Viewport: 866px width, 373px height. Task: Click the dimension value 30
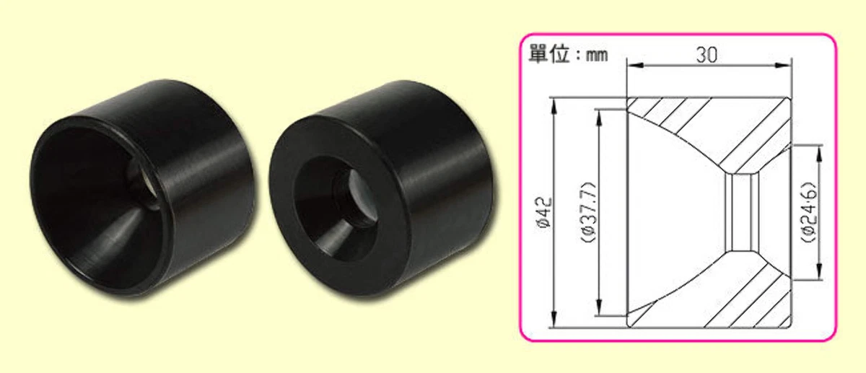coord(707,55)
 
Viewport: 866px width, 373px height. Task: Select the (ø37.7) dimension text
coord(589,212)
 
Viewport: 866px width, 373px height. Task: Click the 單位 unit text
coord(548,54)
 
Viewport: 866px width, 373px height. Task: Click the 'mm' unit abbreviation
coord(597,56)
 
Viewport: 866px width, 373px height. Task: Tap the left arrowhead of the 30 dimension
coord(634,66)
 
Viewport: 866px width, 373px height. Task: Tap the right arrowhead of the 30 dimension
coord(783,66)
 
